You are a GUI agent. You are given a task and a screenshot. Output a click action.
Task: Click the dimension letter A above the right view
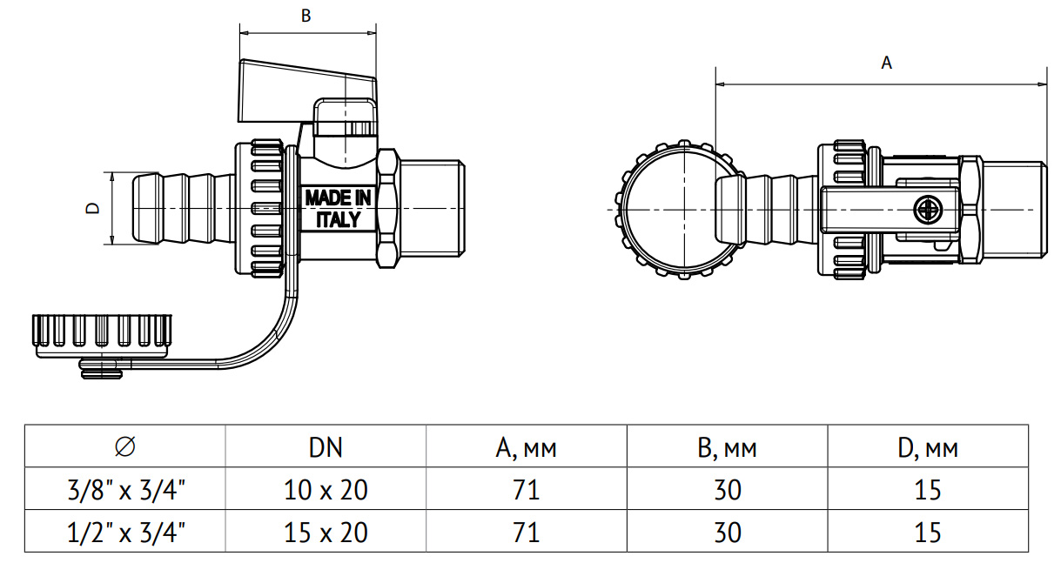pos(887,63)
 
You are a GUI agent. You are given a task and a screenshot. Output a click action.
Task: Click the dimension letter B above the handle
pos(306,16)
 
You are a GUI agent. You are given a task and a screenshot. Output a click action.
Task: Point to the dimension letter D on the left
pos(92,209)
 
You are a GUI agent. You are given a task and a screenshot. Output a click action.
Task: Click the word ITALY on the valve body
pos(338,219)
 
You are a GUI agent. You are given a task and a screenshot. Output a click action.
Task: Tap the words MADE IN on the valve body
pos(338,198)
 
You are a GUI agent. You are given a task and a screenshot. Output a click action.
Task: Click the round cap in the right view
pos(675,210)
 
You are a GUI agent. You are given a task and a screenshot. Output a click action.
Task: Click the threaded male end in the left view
pos(431,209)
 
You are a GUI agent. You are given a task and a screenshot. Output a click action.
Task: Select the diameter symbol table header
pos(124,447)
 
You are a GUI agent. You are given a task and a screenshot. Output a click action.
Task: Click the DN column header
pos(326,447)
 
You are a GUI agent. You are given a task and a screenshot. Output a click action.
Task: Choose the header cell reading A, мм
pos(526,447)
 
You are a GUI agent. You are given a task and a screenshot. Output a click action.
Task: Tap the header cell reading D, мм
pos(928,447)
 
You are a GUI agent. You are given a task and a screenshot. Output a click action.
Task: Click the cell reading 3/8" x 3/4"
pos(124,489)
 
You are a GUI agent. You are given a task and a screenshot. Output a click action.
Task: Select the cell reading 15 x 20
pos(326,531)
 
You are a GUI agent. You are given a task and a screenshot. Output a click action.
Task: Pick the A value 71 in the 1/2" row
pos(526,531)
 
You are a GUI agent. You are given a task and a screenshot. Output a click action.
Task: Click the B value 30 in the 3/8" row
pos(727,489)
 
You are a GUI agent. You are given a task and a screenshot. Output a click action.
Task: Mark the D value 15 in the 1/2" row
pos(928,531)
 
